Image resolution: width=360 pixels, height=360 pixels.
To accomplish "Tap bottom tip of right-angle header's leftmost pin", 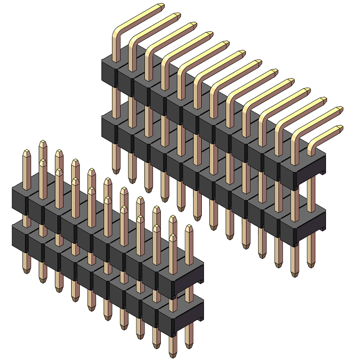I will click(116, 171).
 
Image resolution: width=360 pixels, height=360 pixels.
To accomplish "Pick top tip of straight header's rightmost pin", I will click(188, 228).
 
